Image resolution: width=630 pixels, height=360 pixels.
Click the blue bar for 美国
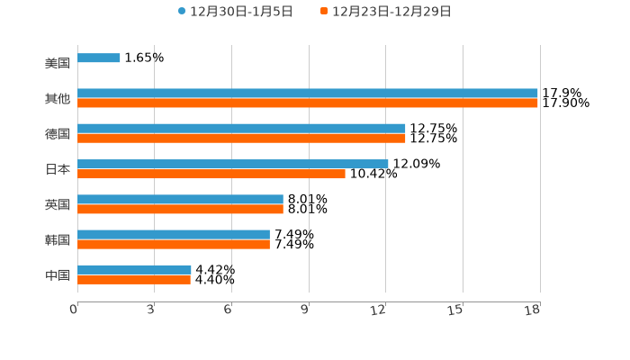[x=99, y=58]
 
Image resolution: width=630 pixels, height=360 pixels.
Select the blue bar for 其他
[x=308, y=94]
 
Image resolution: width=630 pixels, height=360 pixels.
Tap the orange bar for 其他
[x=308, y=103]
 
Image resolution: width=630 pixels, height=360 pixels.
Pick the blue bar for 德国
[x=241, y=129]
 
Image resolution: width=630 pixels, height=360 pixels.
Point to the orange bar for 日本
[x=211, y=174]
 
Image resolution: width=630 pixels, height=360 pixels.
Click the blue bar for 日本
[x=233, y=164]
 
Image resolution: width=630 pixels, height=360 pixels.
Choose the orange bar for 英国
[x=180, y=209]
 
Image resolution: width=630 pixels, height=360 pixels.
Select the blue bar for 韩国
[x=174, y=234]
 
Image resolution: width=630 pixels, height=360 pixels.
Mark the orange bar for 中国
[x=134, y=280]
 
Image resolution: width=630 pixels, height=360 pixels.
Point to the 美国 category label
[x=58, y=64]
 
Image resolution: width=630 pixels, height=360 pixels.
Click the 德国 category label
[x=58, y=134]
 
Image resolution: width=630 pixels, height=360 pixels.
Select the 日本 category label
[x=58, y=169]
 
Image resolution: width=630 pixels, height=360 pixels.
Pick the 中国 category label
[x=58, y=274]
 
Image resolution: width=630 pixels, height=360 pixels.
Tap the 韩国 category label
[x=58, y=239]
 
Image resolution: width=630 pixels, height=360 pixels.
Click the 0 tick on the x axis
[x=74, y=310]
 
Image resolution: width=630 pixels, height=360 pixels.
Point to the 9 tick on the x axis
[x=305, y=310]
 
